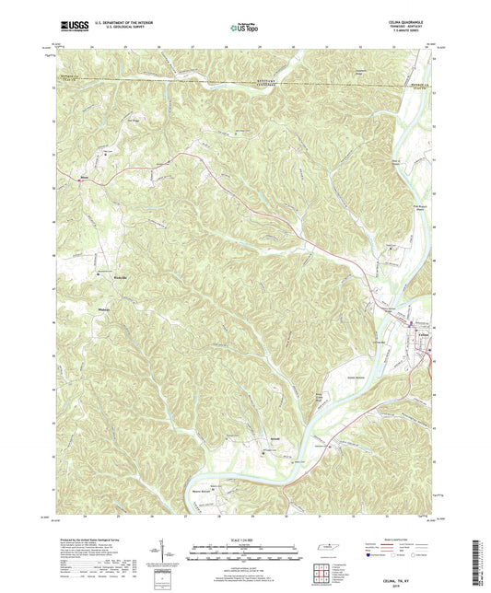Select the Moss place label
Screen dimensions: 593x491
point(83,180)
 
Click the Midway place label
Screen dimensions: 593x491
point(103,309)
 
